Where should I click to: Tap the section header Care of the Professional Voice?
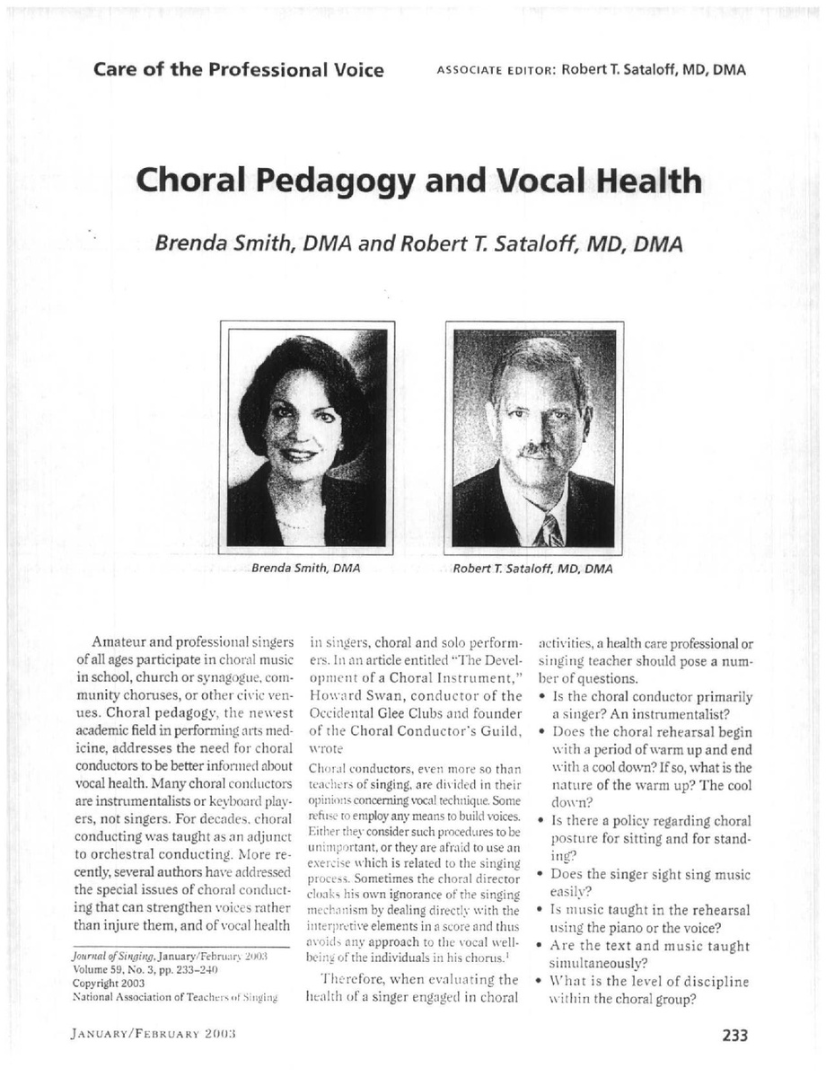(239, 69)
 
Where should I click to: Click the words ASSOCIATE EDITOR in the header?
(495, 71)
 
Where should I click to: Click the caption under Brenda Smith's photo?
(305, 569)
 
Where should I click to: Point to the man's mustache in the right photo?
(536, 449)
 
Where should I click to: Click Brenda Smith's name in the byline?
(227, 243)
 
